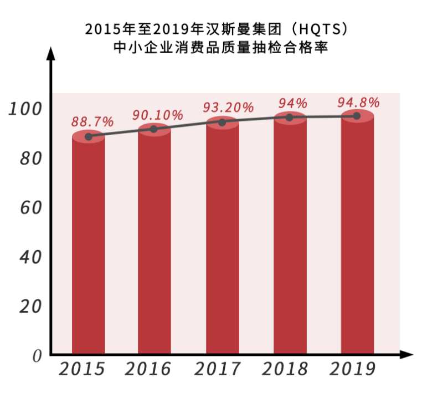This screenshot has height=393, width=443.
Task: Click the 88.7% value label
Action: point(92,121)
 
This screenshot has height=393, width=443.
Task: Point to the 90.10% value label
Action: point(157,115)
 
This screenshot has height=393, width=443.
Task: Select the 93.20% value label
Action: point(229,107)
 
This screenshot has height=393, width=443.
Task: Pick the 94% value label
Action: point(292,103)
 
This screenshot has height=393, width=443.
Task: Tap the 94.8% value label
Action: point(358,102)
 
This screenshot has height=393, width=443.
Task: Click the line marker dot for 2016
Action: point(154,129)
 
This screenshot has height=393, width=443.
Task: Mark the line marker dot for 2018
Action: point(289,118)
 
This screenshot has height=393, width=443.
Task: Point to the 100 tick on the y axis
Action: point(25,109)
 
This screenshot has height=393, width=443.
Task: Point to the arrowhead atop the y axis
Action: point(51,53)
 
